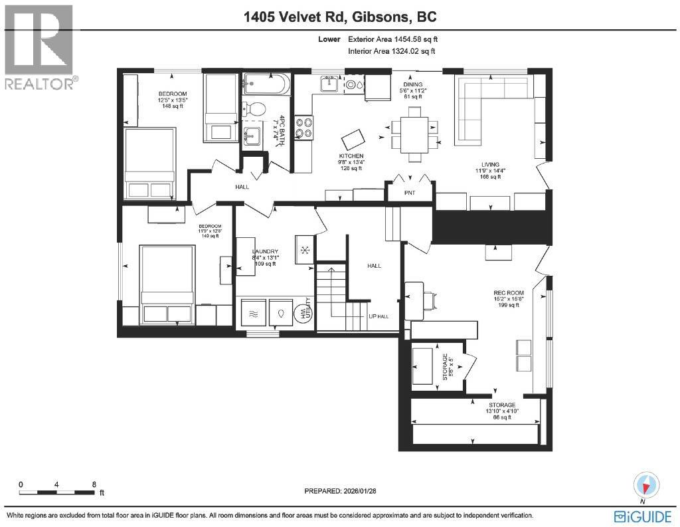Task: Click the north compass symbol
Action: click(x=646, y=484)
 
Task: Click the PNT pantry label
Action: click(x=410, y=194)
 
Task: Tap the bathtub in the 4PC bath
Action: click(x=266, y=84)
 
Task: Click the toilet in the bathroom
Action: click(x=254, y=109)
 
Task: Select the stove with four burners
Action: click(x=304, y=128)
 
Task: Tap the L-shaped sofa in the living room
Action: click(x=491, y=106)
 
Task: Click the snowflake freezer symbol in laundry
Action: click(x=305, y=250)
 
